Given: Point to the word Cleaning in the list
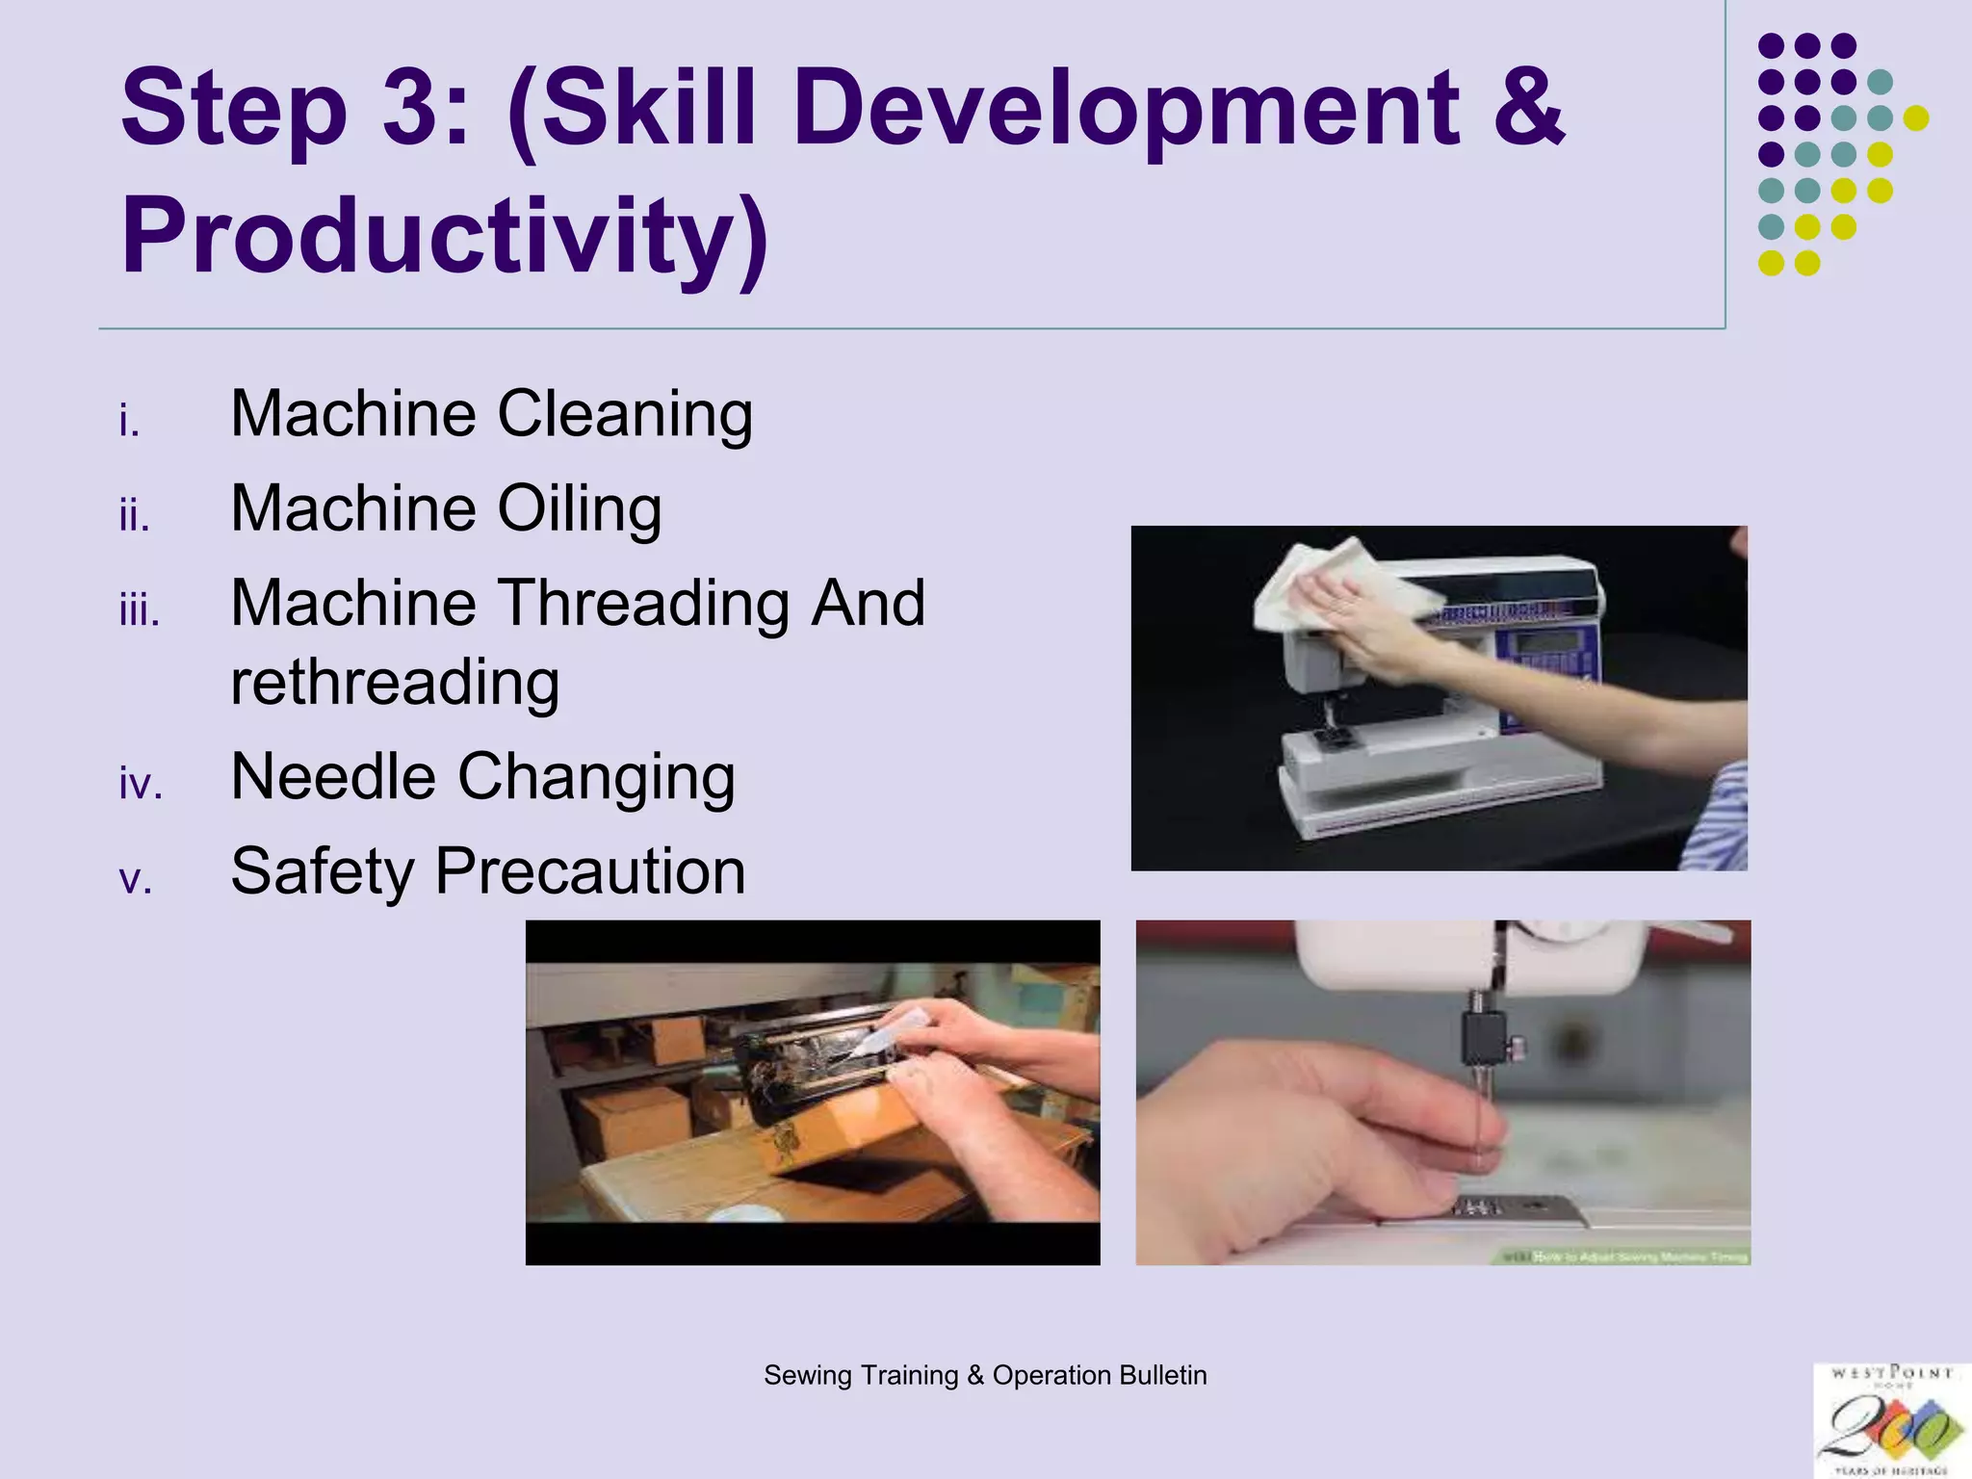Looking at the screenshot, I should pos(625,414).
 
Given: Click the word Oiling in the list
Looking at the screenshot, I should pos(580,508).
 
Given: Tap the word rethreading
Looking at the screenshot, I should pos(395,683).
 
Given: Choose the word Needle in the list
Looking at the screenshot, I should pos(333,777).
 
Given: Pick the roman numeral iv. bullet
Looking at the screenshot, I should pos(141,784).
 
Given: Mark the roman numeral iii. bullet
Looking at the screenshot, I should pos(140,611).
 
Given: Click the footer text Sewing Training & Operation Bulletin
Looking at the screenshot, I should pos(985,1375).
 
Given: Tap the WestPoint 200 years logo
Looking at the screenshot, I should pos(1889,1419).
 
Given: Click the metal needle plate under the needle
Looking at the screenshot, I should pos(1502,1209).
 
